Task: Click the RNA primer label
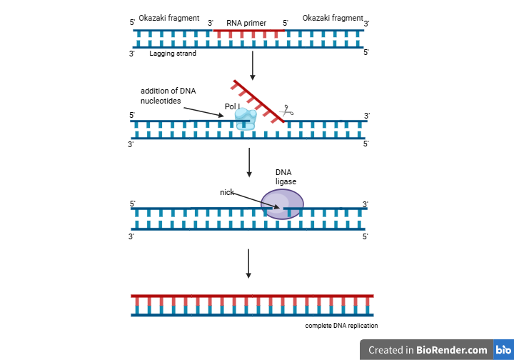246,23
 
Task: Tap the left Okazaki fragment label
169,18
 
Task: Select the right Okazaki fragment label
333,18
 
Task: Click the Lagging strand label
173,53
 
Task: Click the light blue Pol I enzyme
246,119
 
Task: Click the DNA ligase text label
286,176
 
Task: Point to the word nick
227,192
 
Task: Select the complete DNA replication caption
341,326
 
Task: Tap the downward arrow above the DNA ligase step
248,162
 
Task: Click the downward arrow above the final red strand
248,263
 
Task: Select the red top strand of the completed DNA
252,296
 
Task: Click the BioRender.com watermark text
428,350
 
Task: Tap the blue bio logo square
503,350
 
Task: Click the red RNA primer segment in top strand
250,31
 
